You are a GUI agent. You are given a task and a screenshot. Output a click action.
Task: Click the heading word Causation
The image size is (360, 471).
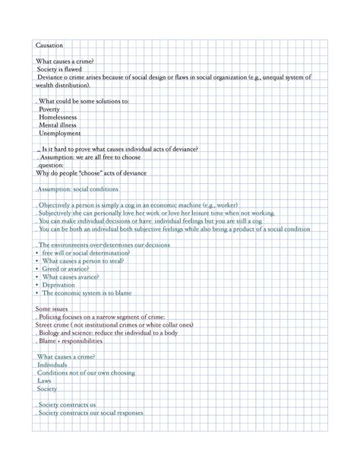[49, 46]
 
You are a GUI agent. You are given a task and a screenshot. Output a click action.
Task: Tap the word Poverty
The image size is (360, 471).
[49, 109]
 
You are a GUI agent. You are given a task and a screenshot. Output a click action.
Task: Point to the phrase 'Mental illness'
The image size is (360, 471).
[58, 125]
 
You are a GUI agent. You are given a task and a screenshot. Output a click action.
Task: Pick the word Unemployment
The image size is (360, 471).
[60, 134]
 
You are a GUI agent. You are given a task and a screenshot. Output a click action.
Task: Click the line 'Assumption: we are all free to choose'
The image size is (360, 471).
[89, 157]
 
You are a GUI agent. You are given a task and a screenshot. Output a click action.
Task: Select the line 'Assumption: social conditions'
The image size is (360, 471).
[78, 189]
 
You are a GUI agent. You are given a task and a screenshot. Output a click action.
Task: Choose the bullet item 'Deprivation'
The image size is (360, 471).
[64, 285]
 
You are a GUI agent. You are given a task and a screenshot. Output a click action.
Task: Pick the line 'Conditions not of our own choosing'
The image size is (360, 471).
[86, 373]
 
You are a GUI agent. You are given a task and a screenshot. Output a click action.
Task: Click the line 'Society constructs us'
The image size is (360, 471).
[67, 405]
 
